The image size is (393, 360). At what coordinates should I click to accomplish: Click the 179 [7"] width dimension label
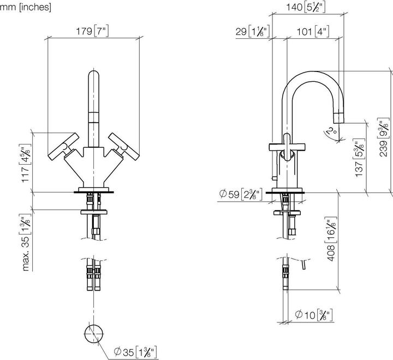(x=92, y=31)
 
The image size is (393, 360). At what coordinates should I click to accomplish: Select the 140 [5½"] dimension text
(x=306, y=7)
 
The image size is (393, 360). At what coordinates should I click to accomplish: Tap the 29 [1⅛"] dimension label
(x=252, y=32)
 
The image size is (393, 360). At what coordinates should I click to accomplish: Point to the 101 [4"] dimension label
(x=313, y=32)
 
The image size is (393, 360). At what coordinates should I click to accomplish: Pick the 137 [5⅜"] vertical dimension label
(x=360, y=158)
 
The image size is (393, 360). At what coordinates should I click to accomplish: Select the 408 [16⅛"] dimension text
(x=331, y=239)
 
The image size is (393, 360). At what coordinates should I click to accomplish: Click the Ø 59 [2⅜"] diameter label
(x=241, y=194)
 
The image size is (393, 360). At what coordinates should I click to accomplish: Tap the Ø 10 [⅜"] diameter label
(x=314, y=315)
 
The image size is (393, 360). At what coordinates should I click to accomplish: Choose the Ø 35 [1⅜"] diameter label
(x=135, y=352)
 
